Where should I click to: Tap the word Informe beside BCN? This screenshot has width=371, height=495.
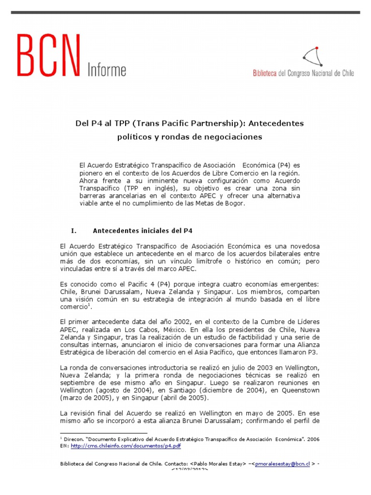click(x=106, y=70)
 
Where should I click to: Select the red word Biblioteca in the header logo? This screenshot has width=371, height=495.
click(x=265, y=73)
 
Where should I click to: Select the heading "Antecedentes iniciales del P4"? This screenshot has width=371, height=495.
click(x=143, y=231)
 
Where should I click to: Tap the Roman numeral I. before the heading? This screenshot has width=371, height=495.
click(x=73, y=231)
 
